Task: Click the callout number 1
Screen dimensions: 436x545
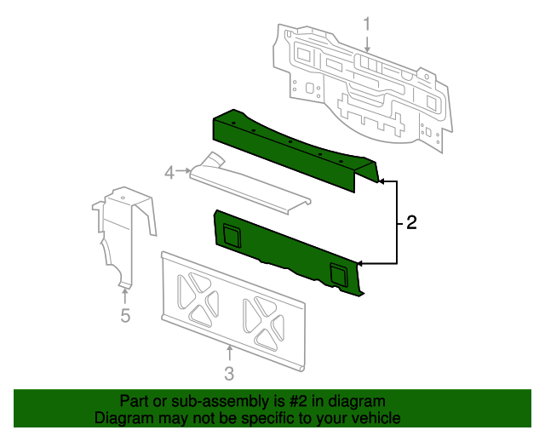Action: [x=367, y=23]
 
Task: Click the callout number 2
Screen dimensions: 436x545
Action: [x=411, y=223]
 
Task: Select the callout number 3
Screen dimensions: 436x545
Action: [x=228, y=373]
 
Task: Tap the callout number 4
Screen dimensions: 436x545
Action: [x=169, y=173]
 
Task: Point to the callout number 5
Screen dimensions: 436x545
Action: [x=124, y=316]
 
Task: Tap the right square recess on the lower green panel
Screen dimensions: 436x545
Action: [x=338, y=272]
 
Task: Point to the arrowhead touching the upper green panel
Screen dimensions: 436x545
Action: [x=381, y=181]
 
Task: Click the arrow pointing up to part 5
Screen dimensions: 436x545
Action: [x=124, y=294]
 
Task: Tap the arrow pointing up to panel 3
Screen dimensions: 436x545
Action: [x=228, y=350]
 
